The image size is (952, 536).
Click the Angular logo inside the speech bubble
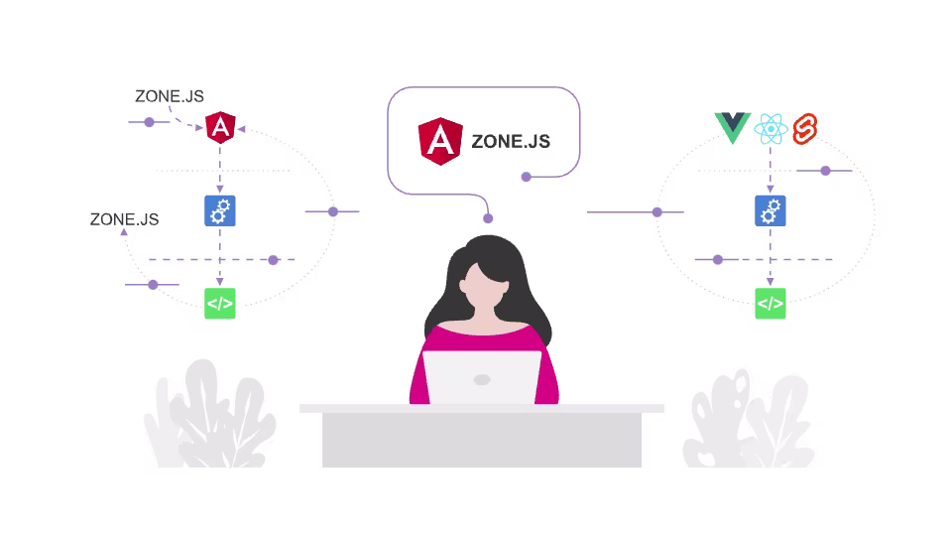439,141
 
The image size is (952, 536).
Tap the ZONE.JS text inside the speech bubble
511,142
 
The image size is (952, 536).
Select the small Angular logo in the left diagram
219,127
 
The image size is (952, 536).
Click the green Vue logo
732,128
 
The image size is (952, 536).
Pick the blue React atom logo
771,129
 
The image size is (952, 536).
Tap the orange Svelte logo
803,128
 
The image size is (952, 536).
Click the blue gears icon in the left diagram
219,210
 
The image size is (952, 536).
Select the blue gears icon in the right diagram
771,210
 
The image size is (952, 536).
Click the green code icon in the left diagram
219,304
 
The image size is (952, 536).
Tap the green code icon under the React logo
771,304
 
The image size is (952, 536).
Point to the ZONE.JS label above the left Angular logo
170,96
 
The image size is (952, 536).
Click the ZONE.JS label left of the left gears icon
124,219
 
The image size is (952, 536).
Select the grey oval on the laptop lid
482,379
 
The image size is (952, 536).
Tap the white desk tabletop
482,408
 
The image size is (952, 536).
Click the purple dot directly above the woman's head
488,218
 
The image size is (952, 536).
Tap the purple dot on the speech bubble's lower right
527,178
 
